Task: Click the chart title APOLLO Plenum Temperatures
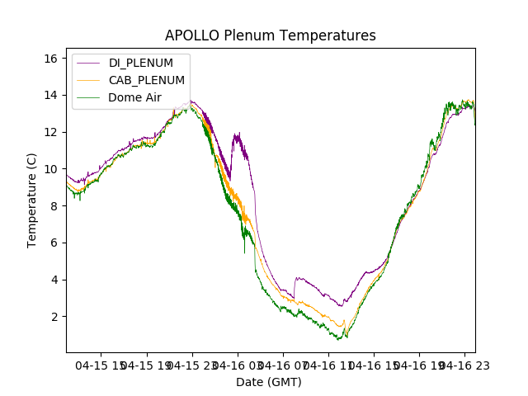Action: (270, 35)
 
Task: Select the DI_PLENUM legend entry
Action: (140, 63)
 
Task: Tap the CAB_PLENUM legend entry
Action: (146, 80)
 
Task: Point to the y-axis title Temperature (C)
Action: (32, 200)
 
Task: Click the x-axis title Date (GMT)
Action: (269, 382)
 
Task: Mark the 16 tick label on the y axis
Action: (49, 59)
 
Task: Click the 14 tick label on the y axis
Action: (49, 95)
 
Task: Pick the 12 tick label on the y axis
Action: (49, 132)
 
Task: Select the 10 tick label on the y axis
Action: (49, 169)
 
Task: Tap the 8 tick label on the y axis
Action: (53, 206)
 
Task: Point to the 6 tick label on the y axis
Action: (53, 243)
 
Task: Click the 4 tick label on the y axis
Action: (53, 280)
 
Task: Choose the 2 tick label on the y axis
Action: (53, 317)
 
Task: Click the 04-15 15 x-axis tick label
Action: (102, 365)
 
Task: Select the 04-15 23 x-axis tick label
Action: (192, 365)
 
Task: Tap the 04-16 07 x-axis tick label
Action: (283, 365)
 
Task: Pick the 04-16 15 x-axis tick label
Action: (373, 365)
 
